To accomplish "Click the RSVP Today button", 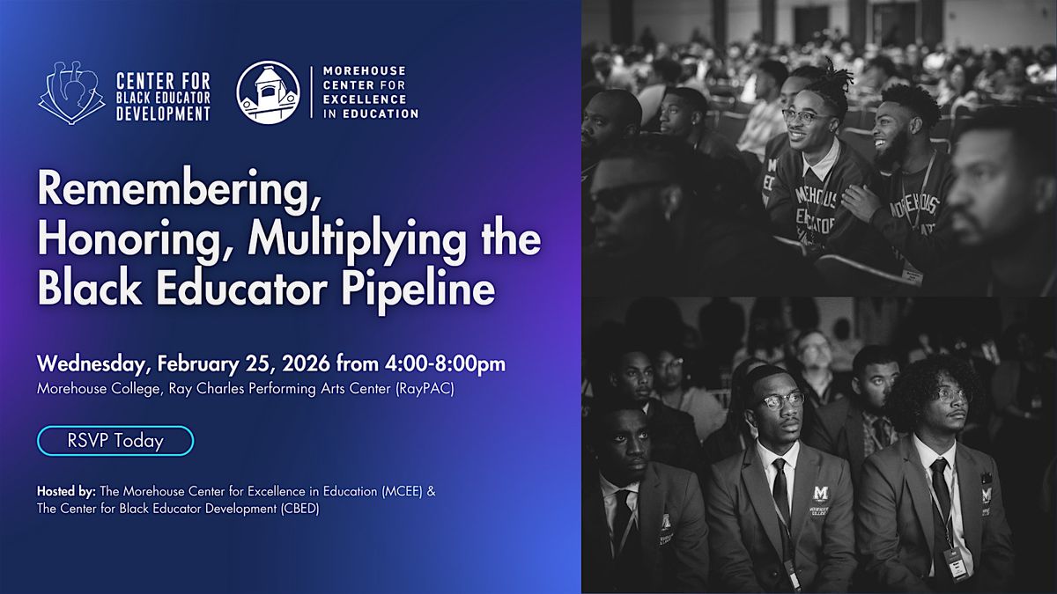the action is [x=115, y=441].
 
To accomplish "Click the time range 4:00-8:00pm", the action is [x=445, y=364].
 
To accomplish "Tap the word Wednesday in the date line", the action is [x=95, y=364].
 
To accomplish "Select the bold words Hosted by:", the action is [x=67, y=491].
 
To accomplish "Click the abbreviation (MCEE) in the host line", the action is [x=400, y=491].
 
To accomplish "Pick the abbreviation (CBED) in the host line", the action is [x=299, y=510].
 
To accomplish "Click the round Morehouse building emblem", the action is [x=268, y=92].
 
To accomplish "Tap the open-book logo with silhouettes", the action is [x=71, y=92].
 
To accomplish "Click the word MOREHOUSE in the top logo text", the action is [x=365, y=70].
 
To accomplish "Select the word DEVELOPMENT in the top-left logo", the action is [x=163, y=114].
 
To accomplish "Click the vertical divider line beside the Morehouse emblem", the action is [x=311, y=92].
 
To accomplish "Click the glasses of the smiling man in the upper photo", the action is [x=805, y=116].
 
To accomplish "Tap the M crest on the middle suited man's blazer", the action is [x=821, y=493].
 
